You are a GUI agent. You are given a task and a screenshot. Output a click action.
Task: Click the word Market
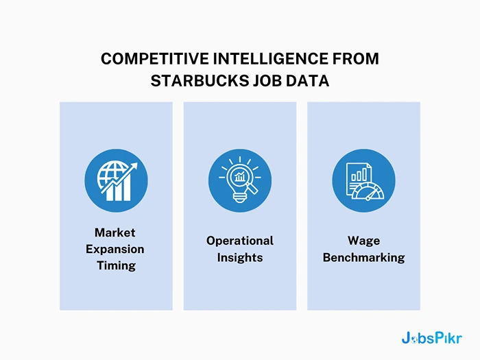[115, 232]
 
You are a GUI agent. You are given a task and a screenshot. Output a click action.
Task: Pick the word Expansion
[115, 249]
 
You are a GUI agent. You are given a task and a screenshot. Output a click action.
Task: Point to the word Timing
[116, 265]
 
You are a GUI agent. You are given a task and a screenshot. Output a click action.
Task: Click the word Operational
[240, 241]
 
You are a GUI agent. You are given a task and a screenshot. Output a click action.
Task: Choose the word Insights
[240, 257]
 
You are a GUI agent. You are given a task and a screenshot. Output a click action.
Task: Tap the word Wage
[363, 241]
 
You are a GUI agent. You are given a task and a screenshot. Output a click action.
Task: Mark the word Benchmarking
[363, 257]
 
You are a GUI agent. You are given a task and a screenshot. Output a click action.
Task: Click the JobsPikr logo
[431, 338]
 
